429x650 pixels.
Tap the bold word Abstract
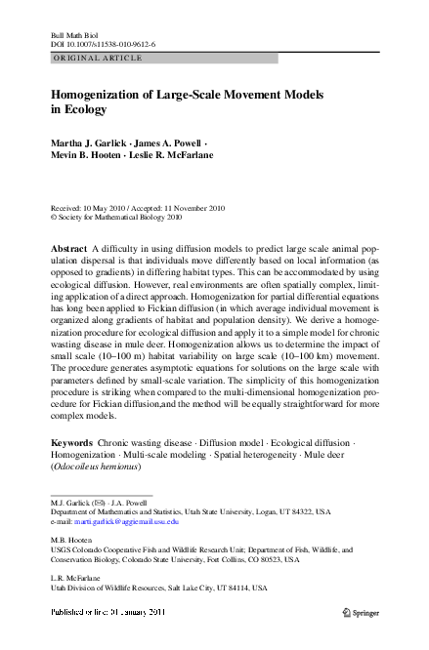point(68,250)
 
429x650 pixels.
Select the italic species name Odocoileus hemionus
point(99,467)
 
